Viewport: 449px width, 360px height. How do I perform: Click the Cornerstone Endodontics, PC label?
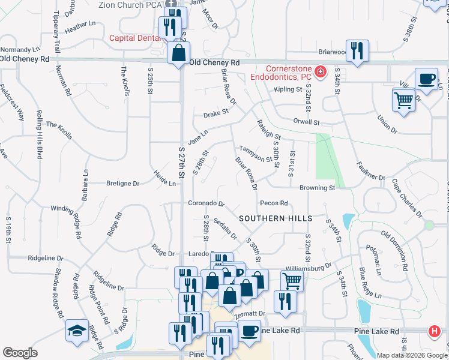(280, 72)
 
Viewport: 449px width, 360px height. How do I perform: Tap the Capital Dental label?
(134, 38)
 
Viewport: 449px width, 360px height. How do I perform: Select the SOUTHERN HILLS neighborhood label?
(276, 218)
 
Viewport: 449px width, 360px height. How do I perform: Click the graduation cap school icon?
(77, 331)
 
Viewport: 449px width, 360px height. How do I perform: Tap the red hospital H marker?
(434, 331)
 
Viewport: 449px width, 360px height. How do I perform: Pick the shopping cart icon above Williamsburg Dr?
(292, 280)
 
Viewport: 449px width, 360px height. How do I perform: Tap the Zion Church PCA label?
(133, 4)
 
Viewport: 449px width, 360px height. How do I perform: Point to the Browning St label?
(317, 188)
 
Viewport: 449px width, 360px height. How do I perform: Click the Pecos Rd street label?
(274, 203)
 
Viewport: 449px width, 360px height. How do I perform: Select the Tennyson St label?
(256, 153)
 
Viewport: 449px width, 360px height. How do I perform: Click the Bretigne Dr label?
(122, 184)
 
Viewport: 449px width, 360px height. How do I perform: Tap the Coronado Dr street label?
(206, 203)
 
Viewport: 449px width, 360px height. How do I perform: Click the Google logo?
(20, 353)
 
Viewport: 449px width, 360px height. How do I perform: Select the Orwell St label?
(306, 122)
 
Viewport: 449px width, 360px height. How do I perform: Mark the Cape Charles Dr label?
(406, 196)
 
